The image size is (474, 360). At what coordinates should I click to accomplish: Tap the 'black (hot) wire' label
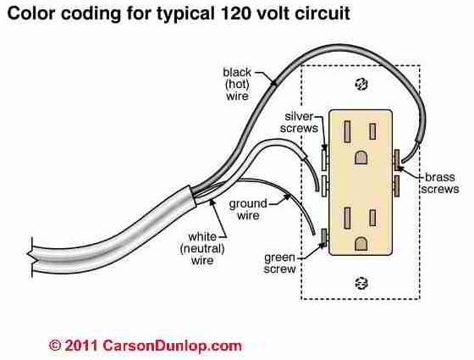click(237, 84)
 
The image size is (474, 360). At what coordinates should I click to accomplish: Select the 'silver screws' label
click(299, 122)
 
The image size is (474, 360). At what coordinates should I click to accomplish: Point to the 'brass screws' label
click(440, 183)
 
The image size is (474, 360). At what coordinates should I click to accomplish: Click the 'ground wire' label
click(248, 209)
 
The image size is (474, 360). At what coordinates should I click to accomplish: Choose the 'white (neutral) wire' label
click(202, 248)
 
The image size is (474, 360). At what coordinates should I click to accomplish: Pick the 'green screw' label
click(279, 263)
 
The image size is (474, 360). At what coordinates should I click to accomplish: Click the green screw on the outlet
click(324, 237)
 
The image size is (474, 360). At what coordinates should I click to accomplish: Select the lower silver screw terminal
click(324, 186)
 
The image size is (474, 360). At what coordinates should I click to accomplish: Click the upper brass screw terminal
click(396, 160)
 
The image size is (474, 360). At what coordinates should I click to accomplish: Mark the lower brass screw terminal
click(396, 186)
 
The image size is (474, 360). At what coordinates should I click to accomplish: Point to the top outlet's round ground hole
click(361, 157)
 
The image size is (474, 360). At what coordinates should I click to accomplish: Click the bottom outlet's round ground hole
click(361, 244)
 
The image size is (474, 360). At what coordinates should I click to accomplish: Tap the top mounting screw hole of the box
click(361, 84)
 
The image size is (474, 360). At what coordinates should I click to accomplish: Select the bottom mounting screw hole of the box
click(361, 283)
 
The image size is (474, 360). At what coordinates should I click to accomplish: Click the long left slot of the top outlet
click(347, 131)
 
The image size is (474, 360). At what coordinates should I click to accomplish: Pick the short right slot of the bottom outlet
click(372, 218)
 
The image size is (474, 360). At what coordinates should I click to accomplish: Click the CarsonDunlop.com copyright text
click(145, 346)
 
